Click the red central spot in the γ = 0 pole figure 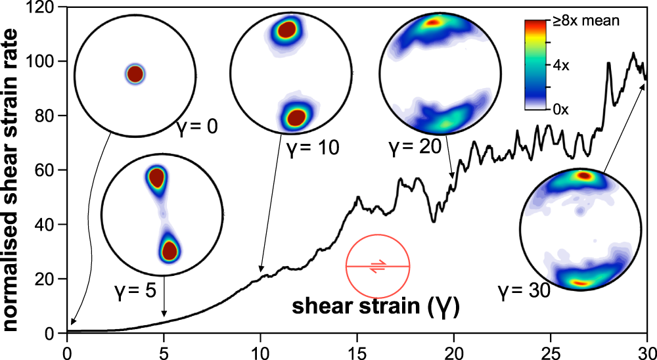click(x=135, y=74)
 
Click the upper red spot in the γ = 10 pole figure click(x=288, y=30)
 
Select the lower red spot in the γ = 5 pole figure click(x=170, y=250)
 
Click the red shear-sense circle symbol click(x=378, y=266)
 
